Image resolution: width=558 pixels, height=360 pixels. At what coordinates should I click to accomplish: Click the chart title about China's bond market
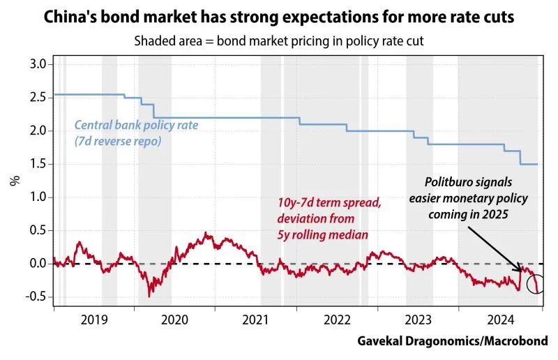279,16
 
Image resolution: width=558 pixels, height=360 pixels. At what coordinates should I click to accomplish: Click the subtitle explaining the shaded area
279,40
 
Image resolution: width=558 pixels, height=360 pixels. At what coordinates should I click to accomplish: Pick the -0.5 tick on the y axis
33,297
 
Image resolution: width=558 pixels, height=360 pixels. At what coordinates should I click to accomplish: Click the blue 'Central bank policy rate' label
136,133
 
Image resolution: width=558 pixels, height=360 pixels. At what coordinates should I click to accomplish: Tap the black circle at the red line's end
536,284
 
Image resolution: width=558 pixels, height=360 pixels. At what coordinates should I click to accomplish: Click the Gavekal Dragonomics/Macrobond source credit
453,340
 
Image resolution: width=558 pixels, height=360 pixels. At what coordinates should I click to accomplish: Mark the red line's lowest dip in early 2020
149,296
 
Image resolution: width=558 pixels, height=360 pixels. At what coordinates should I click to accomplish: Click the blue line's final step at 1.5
530,165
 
